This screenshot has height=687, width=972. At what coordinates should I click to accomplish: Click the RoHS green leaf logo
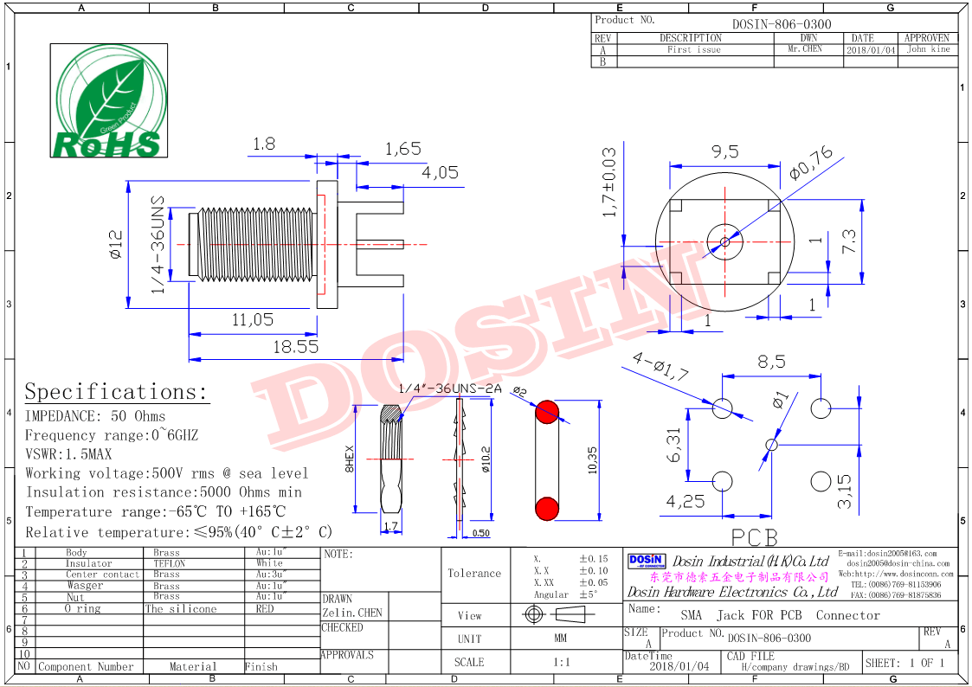pos(107,100)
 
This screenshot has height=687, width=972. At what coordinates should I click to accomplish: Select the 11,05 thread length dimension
pos(252,320)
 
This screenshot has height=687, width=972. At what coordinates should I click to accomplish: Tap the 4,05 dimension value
pos(440,173)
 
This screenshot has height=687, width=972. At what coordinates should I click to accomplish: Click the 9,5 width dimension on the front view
pos(724,152)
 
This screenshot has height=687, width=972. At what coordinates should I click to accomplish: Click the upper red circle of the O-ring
pos(546,413)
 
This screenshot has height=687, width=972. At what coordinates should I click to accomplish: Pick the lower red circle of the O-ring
pos(546,508)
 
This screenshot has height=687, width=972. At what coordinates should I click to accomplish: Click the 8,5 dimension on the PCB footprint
pos(771,362)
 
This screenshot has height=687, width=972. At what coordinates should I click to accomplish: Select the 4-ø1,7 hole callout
pos(660,366)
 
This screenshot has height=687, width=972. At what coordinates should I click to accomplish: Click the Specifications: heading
pos(116,392)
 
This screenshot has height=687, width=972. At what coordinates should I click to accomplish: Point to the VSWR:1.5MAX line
pos(68,454)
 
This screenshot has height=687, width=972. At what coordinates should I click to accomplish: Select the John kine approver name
pos(928,50)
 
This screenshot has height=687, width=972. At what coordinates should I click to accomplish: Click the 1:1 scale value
pos(560,662)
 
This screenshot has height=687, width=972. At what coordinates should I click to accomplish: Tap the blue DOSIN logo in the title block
pos(646,562)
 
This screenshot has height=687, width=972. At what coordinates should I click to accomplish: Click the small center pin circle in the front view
pos(720,241)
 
